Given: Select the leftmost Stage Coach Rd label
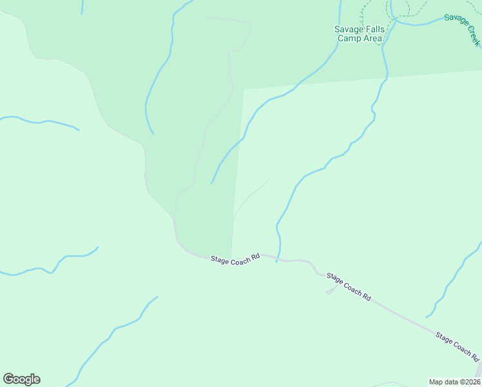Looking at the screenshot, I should pos(235,257).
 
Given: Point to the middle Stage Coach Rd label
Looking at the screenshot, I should pos(349,287).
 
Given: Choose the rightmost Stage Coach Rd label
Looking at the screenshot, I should pos(458,346).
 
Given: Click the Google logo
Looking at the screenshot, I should pos(21,379).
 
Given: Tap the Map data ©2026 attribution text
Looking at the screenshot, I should pos(455,382).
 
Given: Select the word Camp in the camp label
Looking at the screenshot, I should pos(349,38).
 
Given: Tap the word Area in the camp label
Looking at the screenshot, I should pos(372,38).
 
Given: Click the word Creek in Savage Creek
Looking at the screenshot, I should pos(472,37).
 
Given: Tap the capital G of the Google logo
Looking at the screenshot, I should pos(8,379).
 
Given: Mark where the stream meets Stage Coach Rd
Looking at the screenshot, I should pos(277,259).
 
